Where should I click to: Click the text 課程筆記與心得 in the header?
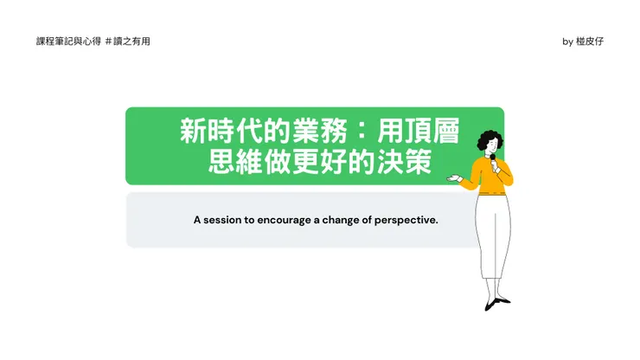[x=67, y=42]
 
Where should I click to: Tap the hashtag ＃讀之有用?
[x=127, y=42]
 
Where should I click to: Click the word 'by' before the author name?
[x=567, y=42]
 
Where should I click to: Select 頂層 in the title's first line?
[x=431, y=132]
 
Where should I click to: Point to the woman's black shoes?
[x=496, y=303]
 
